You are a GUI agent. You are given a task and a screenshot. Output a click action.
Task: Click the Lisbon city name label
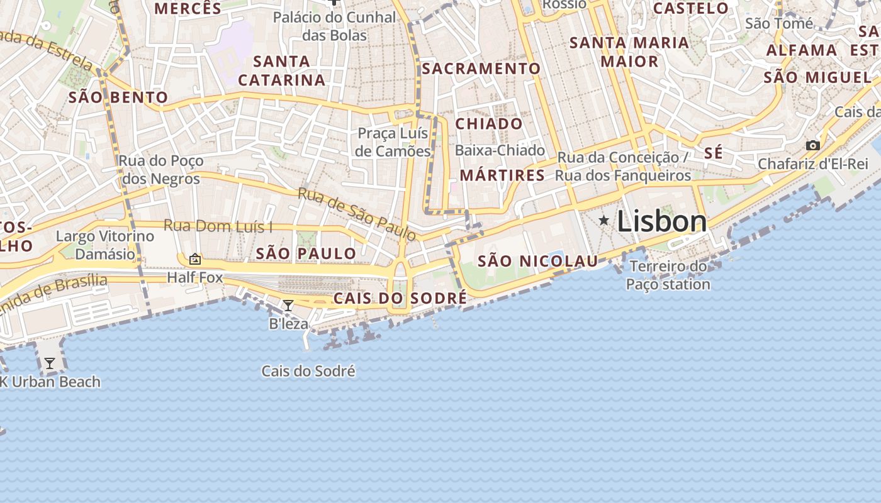coord(661,221)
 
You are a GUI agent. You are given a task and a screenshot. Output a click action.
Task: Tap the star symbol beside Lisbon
coord(604,220)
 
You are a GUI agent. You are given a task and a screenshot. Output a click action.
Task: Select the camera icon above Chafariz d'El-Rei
coord(812,146)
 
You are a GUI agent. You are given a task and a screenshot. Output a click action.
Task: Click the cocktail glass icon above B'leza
coord(288,306)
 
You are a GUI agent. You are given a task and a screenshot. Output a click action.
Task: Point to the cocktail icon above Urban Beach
coord(49,363)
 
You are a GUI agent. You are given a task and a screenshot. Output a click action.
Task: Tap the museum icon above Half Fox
coord(195,258)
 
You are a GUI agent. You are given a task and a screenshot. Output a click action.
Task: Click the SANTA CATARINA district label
coord(281,70)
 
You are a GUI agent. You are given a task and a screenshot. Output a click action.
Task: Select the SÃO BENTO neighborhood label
coord(118,97)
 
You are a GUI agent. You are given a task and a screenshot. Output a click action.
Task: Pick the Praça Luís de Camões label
coord(393,142)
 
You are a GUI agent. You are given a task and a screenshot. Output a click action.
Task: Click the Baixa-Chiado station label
coord(500,150)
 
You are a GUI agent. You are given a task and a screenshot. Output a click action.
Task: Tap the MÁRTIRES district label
coord(502,175)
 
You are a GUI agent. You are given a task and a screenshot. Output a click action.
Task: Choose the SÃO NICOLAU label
coord(537,261)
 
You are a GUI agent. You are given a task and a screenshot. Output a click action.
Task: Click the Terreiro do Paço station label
coord(668,275)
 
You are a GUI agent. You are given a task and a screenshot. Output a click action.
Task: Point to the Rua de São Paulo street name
coord(357,214)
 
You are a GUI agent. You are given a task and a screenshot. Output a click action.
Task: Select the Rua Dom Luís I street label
coord(218,226)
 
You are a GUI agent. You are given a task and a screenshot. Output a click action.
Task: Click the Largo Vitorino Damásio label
coord(105,245)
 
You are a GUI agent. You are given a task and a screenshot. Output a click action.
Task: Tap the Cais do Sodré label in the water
coord(308,372)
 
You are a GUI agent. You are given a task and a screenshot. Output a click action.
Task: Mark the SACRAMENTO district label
coord(481,69)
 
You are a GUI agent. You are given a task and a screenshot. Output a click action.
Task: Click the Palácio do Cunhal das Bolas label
coord(334,26)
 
